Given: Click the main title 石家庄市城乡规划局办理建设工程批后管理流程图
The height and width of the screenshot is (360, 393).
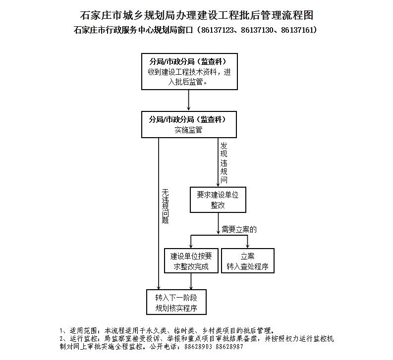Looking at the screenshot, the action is pos(196,15).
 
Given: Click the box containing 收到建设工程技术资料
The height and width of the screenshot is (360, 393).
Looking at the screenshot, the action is pos(189,71).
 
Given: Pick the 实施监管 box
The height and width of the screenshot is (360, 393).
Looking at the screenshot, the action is pos(189,124).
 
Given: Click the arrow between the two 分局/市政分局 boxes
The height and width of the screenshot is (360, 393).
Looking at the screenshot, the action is pos(189,100).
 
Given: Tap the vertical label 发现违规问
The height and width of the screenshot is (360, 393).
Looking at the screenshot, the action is pos(224,163).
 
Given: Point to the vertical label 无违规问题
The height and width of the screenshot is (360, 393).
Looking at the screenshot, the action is pos(165,206).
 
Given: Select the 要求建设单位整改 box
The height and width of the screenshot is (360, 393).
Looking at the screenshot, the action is pos(218,200).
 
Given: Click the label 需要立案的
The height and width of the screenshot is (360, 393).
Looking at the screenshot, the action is pos(239,229).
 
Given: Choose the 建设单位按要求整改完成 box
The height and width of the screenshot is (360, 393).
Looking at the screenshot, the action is pos(191,261).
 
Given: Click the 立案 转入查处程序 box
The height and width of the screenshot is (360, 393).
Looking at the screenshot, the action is pos(248,261).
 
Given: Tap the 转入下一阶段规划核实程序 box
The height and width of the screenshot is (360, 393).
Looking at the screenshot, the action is pos(176,302).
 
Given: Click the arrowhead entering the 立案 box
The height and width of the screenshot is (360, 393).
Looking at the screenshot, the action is pos(247,246).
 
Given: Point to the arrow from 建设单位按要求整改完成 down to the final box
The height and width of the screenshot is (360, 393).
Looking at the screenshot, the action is pos(191,281).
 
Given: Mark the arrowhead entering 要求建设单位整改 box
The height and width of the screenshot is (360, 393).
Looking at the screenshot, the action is pos(218,184).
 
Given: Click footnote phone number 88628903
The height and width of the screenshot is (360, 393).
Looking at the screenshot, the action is pos(198,347).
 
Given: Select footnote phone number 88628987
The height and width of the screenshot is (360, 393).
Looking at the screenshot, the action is pos(229,347).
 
